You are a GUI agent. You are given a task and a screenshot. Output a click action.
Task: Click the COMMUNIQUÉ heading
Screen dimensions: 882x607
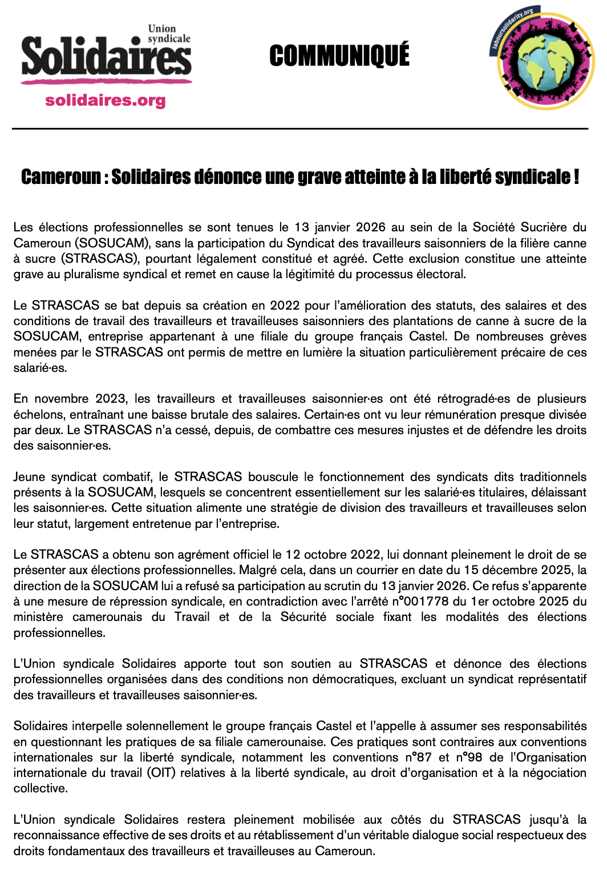[339, 56]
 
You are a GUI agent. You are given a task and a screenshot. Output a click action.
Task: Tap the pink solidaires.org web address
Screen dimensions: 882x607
[106, 101]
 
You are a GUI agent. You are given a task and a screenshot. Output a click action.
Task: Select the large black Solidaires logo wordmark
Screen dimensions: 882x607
[106, 57]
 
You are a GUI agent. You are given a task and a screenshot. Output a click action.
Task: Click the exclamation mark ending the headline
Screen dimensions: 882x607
[577, 177]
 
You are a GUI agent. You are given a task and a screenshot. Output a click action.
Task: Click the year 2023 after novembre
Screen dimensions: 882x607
[111, 399]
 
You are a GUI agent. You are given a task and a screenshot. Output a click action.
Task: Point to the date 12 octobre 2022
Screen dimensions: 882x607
[333, 555]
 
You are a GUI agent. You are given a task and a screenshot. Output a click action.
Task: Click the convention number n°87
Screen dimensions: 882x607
[418, 757]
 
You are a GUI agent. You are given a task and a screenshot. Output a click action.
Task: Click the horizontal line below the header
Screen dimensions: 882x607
[300, 129]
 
